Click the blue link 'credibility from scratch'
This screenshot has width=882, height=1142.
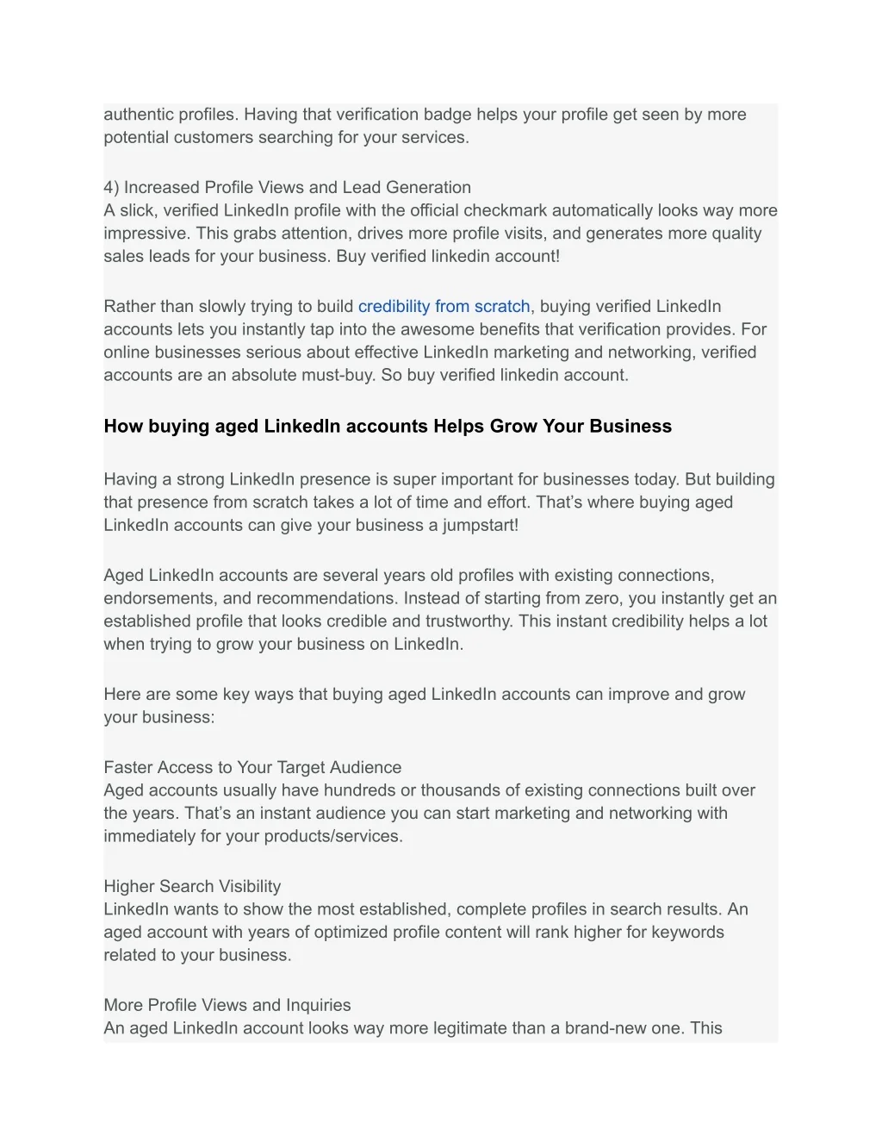(444, 306)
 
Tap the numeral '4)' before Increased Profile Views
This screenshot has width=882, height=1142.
(111, 187)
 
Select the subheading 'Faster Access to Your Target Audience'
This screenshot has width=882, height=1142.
(252, 767)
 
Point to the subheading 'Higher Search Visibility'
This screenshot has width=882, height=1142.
(192, 886)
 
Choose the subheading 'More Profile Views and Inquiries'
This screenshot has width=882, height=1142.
(227, 1005)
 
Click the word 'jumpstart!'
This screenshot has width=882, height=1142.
(480, 525)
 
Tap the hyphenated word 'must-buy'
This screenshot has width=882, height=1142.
(339, 375)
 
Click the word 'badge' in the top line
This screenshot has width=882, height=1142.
(447, 115)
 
